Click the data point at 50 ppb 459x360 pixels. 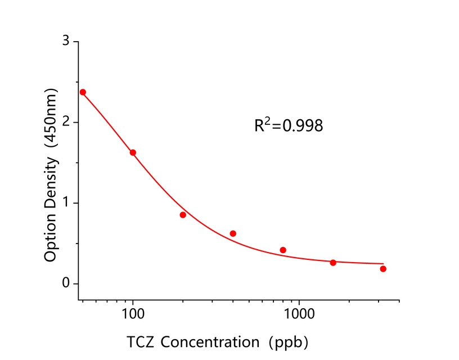(x=83, y=92)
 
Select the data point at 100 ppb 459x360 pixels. (x=133, y=152)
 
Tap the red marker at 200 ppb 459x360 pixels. (x=183, y=215)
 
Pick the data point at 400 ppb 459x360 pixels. (x=233, y=233)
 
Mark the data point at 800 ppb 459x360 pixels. (x=283, y=250)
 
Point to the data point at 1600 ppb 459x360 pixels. (x=333, y=263)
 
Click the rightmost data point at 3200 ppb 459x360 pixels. (x=383, y=269)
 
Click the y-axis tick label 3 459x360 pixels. (x=66, y=42)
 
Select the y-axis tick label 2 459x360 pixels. (x=66, y=122)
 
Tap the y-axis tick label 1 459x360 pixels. (x=66, y=203)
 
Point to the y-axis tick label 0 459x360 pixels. (x=66, y=283)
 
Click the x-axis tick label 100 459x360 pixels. (x=133, y=314)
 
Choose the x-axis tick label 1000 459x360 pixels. (x=299, y=314)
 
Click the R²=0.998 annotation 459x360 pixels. (x=289, y=125)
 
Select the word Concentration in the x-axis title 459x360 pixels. (x=207, y=342)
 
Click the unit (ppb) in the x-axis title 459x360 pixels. (x=289, y=342)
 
